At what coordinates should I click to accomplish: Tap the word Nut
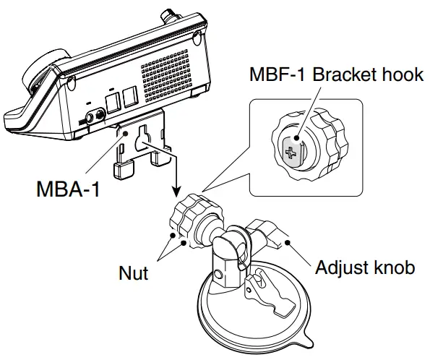(x=134, y=273)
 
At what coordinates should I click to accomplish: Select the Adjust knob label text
(x=365, y=267)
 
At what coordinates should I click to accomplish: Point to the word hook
(x=402, y=74)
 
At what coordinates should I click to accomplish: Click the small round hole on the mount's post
(x=219, y=275)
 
